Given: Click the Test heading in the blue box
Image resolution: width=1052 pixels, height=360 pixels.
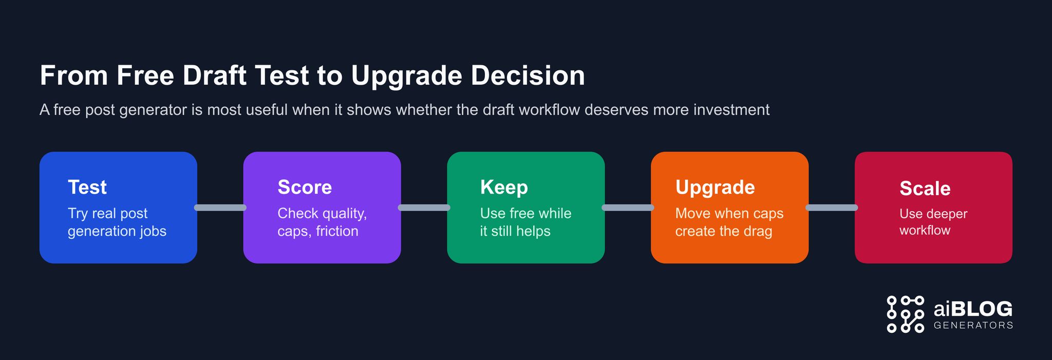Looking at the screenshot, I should [87, 187].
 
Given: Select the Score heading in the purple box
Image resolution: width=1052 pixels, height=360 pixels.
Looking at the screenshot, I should [305, 187].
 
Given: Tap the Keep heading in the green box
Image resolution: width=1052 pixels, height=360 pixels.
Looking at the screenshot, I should [503, 187].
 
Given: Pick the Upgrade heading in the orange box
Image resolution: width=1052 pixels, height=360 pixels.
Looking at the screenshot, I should [715, 187].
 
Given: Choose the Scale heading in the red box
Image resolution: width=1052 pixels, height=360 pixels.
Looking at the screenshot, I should [925, 188].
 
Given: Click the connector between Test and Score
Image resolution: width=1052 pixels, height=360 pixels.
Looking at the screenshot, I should [220, 207].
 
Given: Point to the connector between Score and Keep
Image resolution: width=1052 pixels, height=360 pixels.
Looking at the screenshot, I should [424, 207].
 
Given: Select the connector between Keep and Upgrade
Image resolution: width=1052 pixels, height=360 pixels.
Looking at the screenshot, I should [628, 207].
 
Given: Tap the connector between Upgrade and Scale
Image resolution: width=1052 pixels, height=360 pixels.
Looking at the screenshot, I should [832, 207].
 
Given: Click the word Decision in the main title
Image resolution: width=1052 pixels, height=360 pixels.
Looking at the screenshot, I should [528, 75].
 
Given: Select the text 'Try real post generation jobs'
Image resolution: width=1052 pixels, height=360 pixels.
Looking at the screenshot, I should [117, 222].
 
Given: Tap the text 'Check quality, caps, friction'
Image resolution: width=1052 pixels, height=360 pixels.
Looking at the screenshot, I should [322, 222].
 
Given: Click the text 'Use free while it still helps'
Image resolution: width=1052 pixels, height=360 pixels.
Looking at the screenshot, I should [525, 222].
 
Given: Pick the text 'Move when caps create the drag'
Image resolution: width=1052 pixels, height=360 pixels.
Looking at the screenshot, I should [729, 222].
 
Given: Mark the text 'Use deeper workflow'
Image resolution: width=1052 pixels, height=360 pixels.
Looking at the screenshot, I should [933, 222].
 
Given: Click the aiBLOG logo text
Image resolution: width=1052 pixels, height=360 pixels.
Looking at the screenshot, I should [973, 309].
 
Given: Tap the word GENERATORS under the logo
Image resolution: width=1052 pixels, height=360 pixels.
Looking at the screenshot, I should [973, 325].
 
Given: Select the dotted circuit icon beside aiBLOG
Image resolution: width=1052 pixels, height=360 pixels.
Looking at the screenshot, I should [905, 314].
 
